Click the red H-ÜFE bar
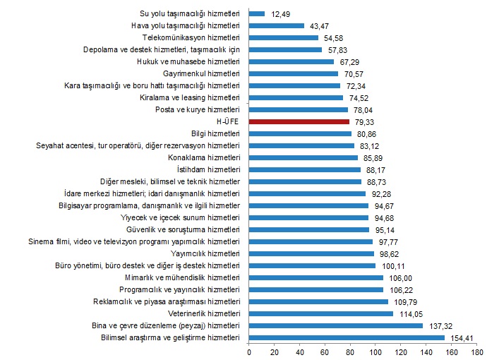tap(299, 121)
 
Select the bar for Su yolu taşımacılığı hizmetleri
tap(257, 13)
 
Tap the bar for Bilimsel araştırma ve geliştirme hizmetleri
tap(347, 338)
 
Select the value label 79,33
tap(365, 121)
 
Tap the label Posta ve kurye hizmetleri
tap(198, 109)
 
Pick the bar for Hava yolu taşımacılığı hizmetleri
tap(277, 25)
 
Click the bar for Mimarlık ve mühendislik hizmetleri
tap(316, 278)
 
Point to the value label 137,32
tap(439, 326)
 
